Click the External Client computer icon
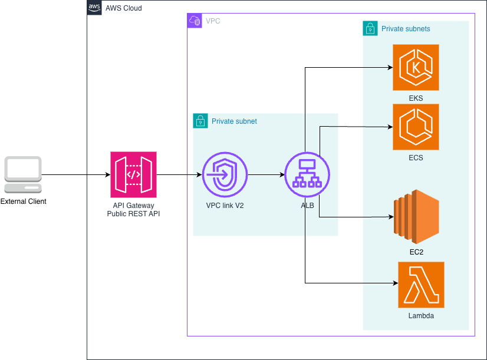[x=23, y=175]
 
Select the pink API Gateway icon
[x=134, y=175]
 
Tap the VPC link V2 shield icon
[x=225, y=175]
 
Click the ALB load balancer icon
[x=307, y=175]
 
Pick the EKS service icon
[x=416, y=67]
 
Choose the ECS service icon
[x=416, y=127]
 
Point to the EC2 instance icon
[x=416, y=217]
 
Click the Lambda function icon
[x=421, y=285]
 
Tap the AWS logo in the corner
[x=94, y=8]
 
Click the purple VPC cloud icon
[x=195, y=21]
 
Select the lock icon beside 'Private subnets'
[x=370, y=28]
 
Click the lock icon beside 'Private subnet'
[x=200, y=121]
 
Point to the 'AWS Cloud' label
[x=124, y=8]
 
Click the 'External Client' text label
[x=24, y=202]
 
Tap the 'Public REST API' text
[x=134, y=213]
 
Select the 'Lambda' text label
[x=421, y=316]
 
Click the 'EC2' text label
[x=416, y=252]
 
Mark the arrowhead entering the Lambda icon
[x=396, y=283]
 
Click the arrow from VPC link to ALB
[x=266, y=175]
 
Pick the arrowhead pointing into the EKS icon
[x=390, y=67]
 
